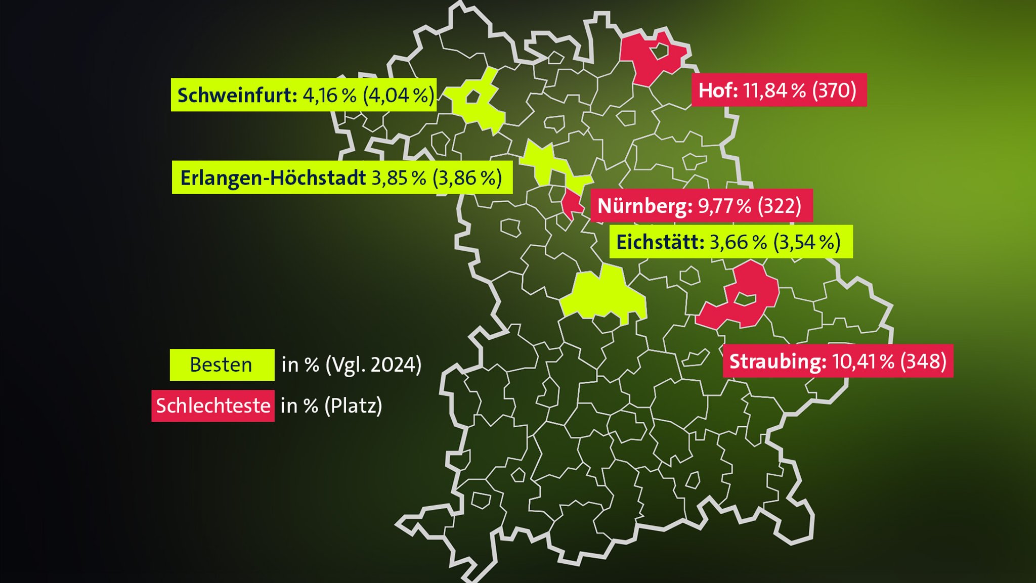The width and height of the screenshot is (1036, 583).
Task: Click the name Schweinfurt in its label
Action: point(237,95)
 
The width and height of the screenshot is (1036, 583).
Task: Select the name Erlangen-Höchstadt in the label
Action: point(273,177)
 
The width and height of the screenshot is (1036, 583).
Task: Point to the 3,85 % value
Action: point(399,177)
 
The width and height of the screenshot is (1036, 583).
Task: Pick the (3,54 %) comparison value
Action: point(807,242)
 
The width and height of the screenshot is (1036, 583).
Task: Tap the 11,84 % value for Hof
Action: point(774,90)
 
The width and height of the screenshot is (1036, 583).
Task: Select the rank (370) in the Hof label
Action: point(834,90)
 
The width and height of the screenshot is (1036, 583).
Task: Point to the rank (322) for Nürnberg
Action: point(780,206)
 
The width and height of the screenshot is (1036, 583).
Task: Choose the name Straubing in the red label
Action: point(778,361)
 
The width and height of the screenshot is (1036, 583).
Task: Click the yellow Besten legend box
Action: point(222,365)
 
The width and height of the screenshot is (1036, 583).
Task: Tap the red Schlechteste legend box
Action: point(213,406)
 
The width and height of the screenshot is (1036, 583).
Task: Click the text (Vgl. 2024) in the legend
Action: point(373,365)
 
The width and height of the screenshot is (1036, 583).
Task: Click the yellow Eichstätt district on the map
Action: point(602,298)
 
